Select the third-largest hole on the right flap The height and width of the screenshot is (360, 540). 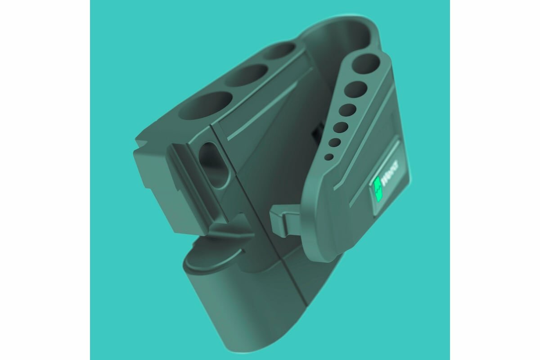pos(347,111)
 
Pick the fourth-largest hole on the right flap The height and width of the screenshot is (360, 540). pos(341,128)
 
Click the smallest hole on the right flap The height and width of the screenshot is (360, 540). pos(329,157)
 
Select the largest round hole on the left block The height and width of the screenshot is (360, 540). pos(206,106)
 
